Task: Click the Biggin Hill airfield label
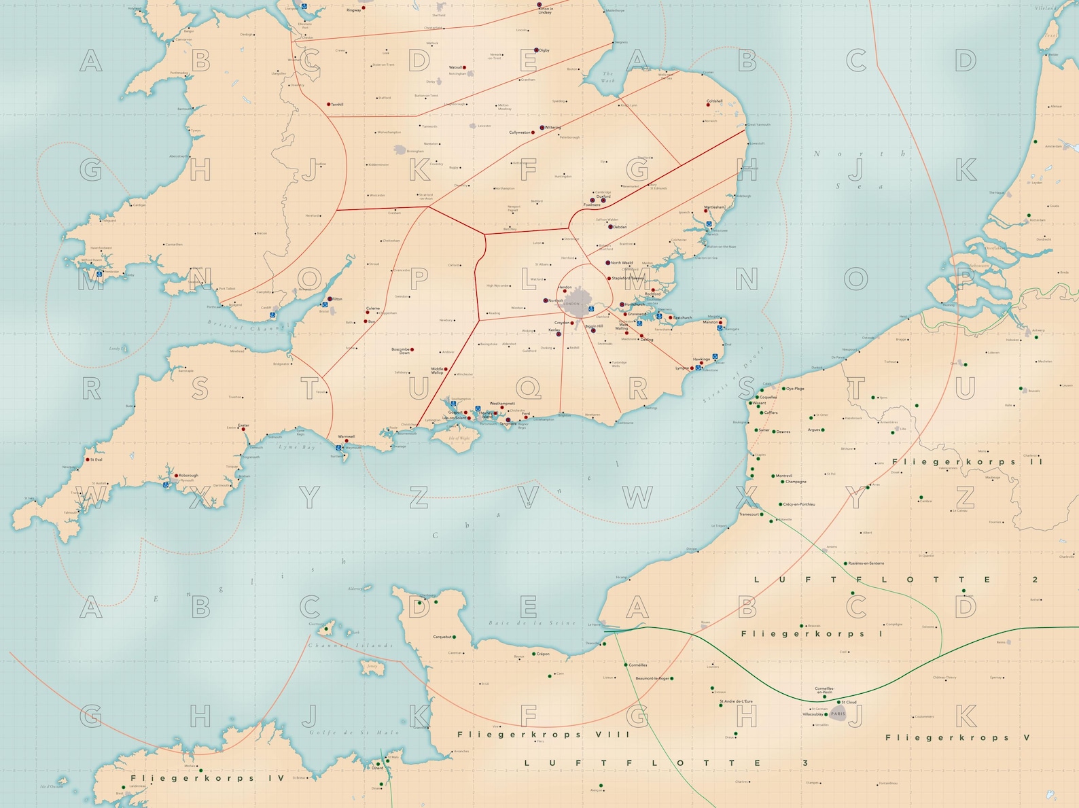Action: pyautogui.click(x=595, y=326)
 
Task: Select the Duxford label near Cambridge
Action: pyautogui.click(x=603, y=196)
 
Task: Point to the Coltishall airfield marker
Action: pyautogui.click(x=709, y=105)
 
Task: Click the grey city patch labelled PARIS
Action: pyautogui.click(x=838, y=714)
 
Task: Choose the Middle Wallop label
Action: pyautogui.click(x=437, y=370)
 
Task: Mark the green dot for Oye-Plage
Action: pyautogui.click(x=782, y=389)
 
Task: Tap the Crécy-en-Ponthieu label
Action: pyautogui.click(x=799, y=504)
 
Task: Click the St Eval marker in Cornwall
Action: pyautogui.click(x=87, y=460)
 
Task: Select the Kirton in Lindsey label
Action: pyautogui.click(x=545, y=11)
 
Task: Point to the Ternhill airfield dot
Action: pyautogui.click(x=329, y=105)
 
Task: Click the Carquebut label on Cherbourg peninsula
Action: pyautogui.click(x=442, y=637)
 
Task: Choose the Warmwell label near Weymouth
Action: pyautogui.click(x=347, y=436)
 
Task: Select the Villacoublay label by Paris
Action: pyautogui.click(x=813, y=714)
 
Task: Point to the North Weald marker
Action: pyautogui.click(x=608, y=263)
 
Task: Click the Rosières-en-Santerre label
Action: pyautogui.click(x=866, y=563)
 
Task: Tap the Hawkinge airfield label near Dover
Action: pyautogui.click(x=701, y=359)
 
